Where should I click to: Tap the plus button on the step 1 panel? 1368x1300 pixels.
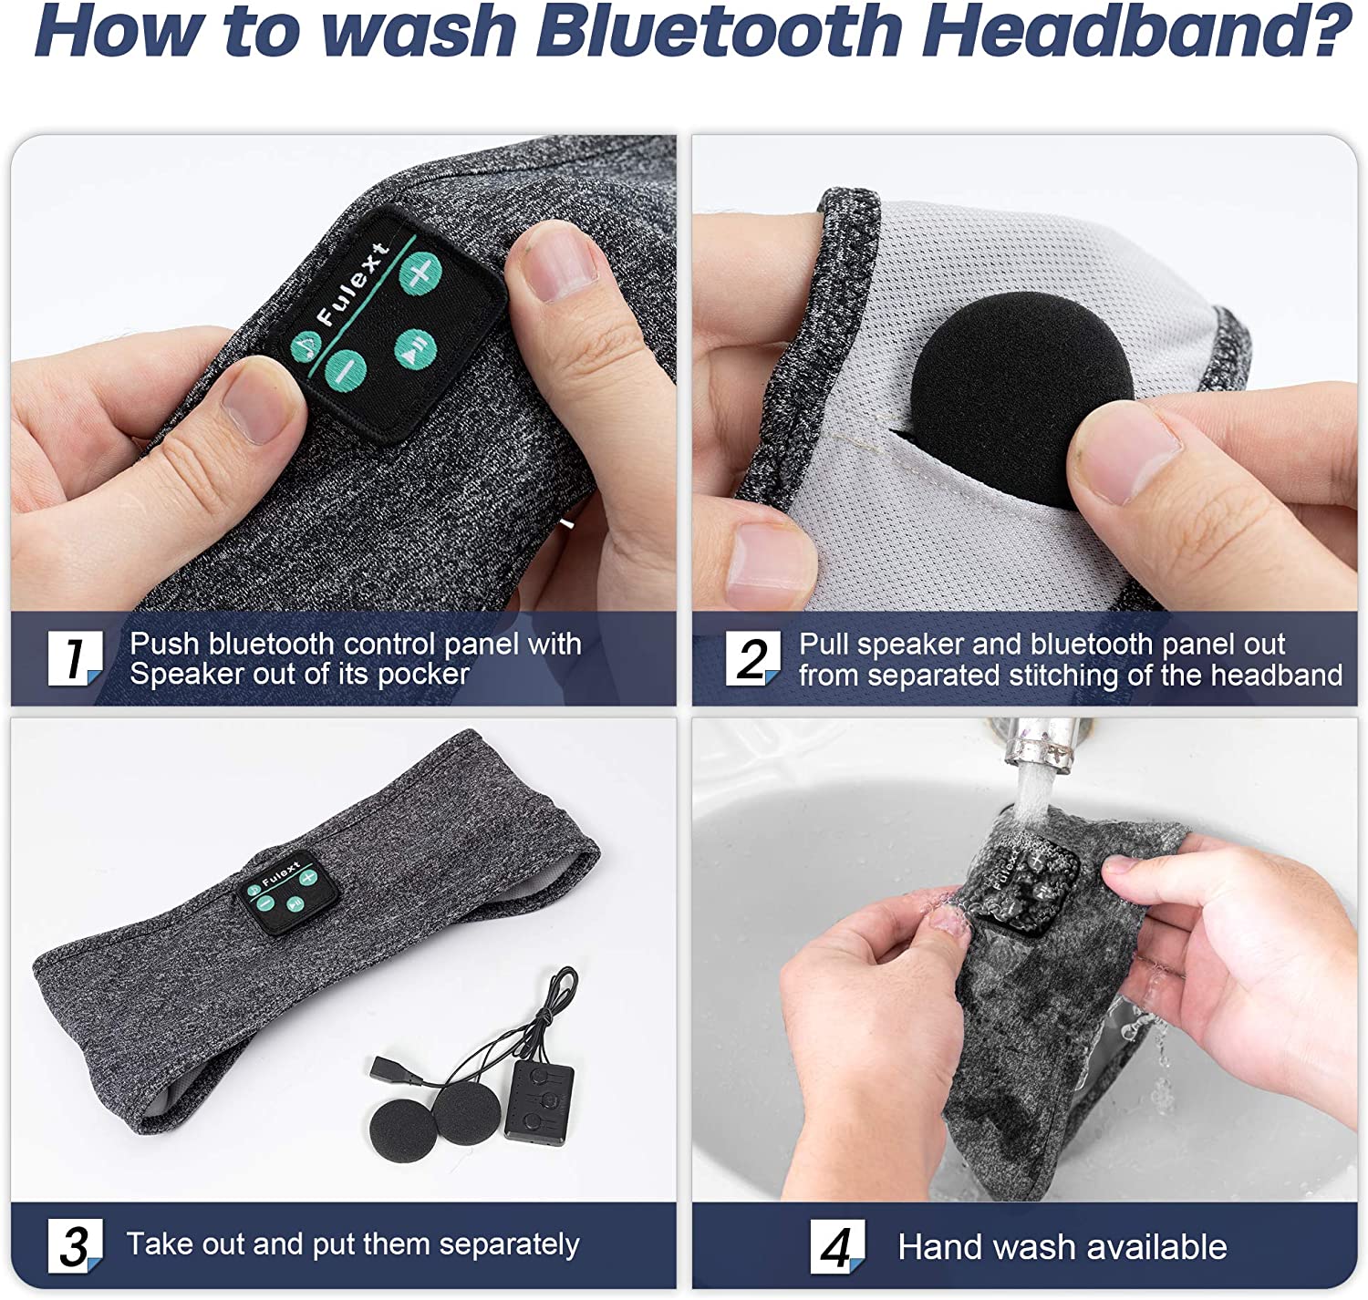click(x=420, y=273)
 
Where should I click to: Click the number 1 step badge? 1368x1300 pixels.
click(x=75, y=658)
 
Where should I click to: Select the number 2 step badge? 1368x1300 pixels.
click(x=753, y=658)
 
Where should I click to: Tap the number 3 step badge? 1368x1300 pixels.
click(x=75, y=1245)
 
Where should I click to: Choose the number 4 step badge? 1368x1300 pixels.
click(x=838, y=1246)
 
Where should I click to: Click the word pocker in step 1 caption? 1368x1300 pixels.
click(x=424, y=675)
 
